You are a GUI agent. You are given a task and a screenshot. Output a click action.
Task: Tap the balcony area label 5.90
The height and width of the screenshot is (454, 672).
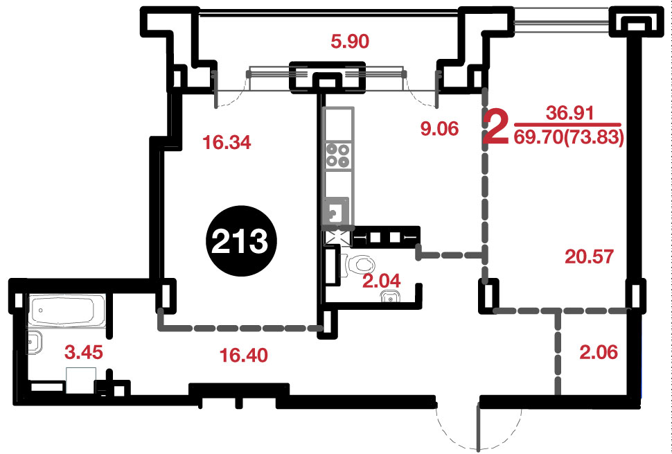[350, 42]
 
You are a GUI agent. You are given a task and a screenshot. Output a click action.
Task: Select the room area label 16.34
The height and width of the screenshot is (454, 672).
[227, 143]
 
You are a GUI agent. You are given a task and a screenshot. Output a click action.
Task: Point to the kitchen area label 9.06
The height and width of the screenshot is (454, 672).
[440, 129]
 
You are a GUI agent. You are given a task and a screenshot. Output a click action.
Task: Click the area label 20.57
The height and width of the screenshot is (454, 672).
[590, 256]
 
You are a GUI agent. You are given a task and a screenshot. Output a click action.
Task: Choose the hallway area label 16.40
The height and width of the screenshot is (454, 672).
[243, 355]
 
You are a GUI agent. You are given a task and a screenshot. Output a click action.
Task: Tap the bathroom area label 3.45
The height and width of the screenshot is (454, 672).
[84, 352]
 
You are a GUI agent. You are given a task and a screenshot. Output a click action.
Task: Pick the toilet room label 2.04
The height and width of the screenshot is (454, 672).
[382, 281]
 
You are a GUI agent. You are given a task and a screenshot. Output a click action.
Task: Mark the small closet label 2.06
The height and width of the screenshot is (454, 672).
[599, 352]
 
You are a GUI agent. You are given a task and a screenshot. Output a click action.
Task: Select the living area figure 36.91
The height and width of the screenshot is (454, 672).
[569, 113]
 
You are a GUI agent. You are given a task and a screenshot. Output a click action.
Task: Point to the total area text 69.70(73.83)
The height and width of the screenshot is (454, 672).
[569, 138]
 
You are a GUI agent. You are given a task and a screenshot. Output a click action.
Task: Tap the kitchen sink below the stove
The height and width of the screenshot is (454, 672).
[337, 211]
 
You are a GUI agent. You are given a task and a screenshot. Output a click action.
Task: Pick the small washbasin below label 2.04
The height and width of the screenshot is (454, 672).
[391, 296]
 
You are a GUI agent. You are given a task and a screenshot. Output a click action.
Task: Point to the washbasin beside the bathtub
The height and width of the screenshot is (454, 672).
[35, 342]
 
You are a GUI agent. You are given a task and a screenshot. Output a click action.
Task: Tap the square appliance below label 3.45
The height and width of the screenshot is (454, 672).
[80, 381]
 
